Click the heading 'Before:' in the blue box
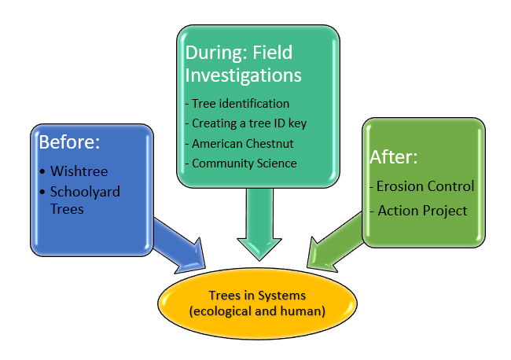69,142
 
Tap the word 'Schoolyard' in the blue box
85,192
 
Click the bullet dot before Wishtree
42,171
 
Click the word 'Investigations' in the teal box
244,75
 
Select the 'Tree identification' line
237,104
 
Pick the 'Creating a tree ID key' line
246,123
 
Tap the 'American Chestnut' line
240,143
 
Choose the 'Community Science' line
241,163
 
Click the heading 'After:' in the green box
393,157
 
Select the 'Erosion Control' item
422,186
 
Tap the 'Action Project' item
419,211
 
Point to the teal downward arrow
259,224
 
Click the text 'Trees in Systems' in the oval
257,296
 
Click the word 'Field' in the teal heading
273,53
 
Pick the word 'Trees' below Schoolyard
67,209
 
